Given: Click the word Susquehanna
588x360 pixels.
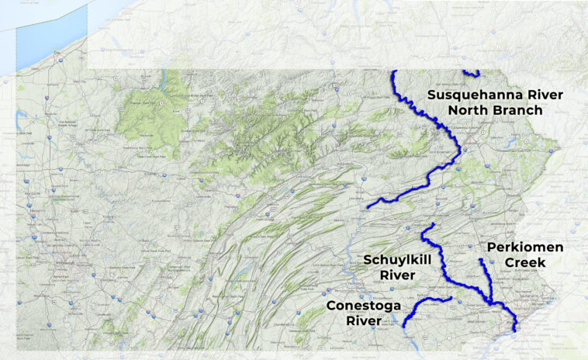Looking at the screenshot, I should click(x=475, y=95).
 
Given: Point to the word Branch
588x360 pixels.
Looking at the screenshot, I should click(x=514, y=110).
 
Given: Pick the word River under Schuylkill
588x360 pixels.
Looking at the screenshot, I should click(x=398, y=275).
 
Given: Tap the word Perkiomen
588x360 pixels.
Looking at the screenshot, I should click(x=524, y=247).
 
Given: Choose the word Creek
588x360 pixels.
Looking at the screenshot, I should click(x=525, y=263).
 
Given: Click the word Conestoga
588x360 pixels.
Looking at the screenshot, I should click(x=364, y=306).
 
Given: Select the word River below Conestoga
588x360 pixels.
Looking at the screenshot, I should click(x=364, y=320).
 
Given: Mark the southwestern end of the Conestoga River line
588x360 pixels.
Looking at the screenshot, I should click(x=404, y=327).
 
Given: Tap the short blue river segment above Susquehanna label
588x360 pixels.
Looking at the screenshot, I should click(x=471, y=74).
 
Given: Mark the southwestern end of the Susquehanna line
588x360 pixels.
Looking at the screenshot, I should click(x=368, y=206).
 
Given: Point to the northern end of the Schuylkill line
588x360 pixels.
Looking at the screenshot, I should click(x=431, y=224).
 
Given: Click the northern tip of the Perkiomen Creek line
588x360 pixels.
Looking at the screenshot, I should click(x=481, y=259).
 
